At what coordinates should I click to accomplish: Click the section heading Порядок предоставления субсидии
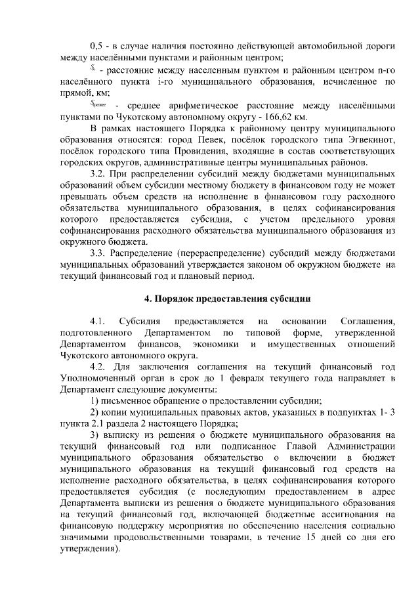(226, 299)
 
